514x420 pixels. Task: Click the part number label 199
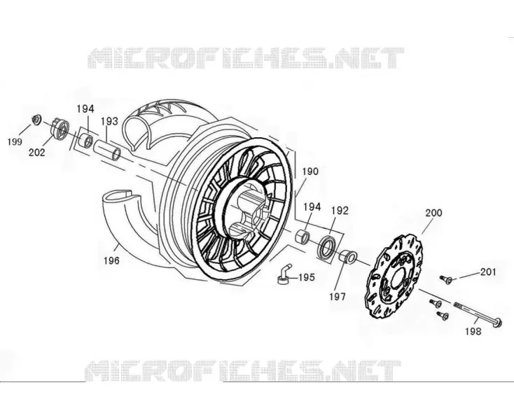pyautogui.click(x=15, y=142)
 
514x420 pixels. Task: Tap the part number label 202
pyautogui.click(x=36, y=153)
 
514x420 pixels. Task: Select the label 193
pyautogui.click(x=109, y=121)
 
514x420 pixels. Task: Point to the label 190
pyautogui.click(x=310, y=171)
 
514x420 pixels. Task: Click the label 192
pyautogui.click(x=340, y=211)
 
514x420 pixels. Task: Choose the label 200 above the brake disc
pyautogui.click(x=433, y=213)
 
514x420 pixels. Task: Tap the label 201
pyautogui.click(x=488, y=272)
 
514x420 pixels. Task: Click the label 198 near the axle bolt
pyautogui.click(x=473, y=332)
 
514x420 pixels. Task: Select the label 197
pyautogui.click(x=338, y=297)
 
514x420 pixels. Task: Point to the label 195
pyautogui.click(x=307, y=277)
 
